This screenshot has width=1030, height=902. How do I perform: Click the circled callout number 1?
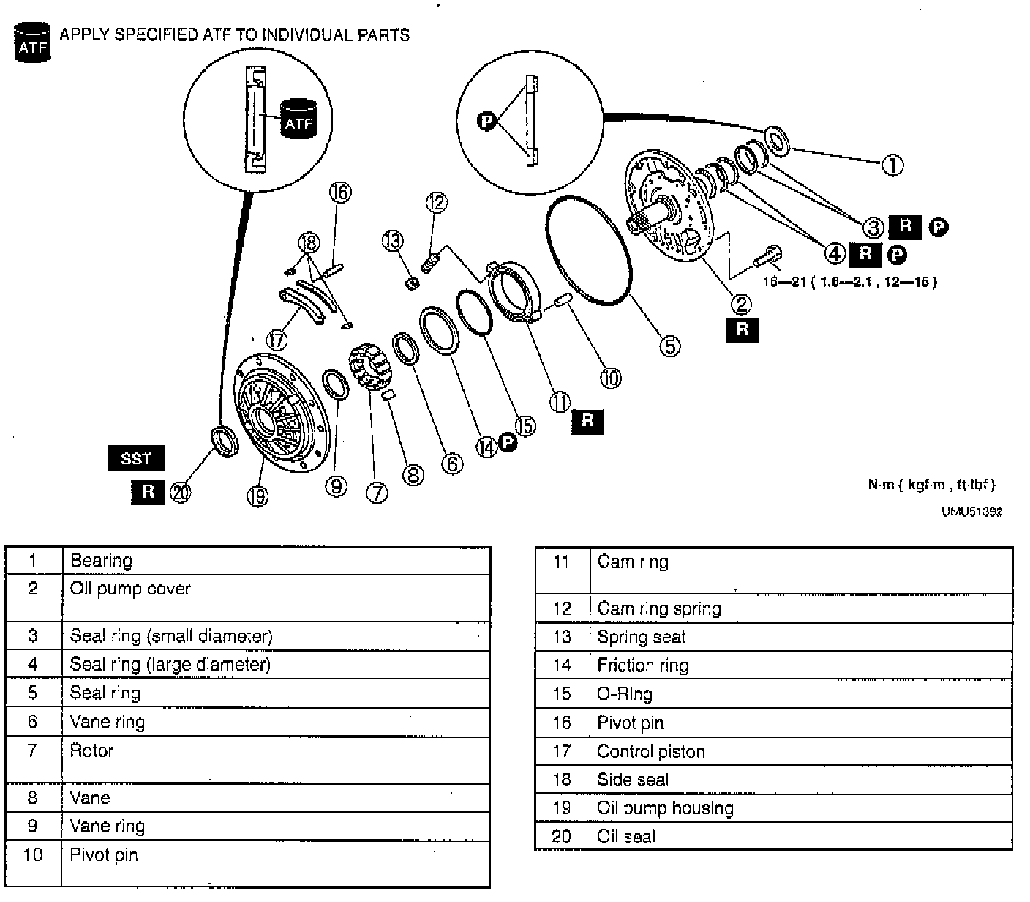coord(892,165)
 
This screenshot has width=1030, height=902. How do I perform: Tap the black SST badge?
coord(136,458)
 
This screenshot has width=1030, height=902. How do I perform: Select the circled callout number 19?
coord(257,496)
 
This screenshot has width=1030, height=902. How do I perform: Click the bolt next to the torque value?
coord(767,257)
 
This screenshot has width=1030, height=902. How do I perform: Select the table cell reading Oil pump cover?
coord(130,589)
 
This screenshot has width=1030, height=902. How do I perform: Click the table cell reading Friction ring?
coord(643,666)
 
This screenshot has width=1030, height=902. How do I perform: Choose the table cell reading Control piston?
coord(651,752)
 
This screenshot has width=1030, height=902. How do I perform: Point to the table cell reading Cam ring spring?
coord(659,608)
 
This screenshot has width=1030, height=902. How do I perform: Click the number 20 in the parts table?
coord(561,836)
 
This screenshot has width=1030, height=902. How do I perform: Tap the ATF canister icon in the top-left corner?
coord(31,42)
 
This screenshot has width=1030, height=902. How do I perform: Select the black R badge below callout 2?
coord(743,329)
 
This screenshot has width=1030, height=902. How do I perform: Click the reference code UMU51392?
coord(971,512)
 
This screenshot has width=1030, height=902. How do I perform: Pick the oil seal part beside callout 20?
coord(225,441)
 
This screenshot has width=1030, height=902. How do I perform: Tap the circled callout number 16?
coord(340,192)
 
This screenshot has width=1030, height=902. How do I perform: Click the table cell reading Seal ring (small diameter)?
coord(171,635)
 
